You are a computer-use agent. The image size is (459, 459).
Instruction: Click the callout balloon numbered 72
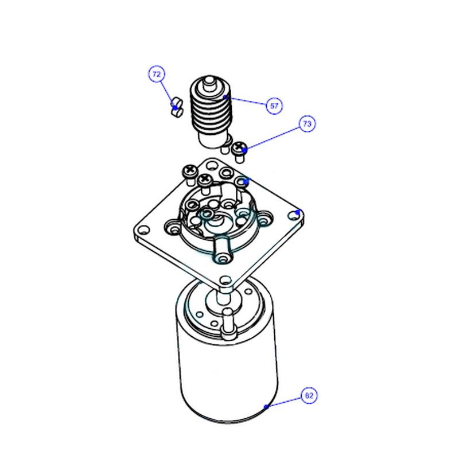[157, 74]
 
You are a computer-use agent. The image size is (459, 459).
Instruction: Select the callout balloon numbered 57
[274, 106]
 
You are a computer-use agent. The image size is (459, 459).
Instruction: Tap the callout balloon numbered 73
[307, 124]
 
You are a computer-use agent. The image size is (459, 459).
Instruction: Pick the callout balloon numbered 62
[309, 396]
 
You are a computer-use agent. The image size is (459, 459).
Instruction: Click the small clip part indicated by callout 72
[176, 107]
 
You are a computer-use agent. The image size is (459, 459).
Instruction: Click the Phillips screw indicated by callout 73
[239, 151]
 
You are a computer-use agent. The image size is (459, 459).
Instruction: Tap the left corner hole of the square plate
[143, 230]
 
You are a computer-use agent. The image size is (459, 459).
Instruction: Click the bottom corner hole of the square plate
[225, 281]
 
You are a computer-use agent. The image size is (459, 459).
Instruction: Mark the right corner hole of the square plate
[293, 216]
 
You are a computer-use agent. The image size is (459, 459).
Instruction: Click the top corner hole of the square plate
[211, 166]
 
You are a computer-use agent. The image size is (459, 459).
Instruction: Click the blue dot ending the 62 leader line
[266, 407]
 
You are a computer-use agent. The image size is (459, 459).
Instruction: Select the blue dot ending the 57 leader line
[225, 96]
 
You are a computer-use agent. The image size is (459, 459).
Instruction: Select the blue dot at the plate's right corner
[298, 212]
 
